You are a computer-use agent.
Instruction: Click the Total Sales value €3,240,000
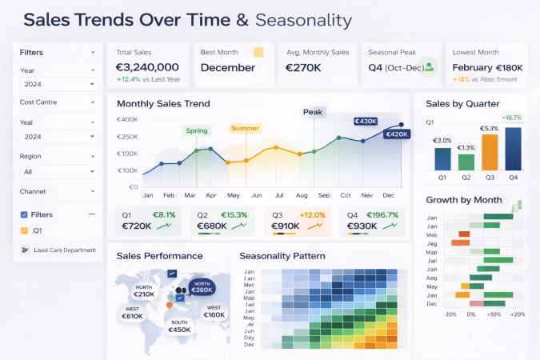(147, 67)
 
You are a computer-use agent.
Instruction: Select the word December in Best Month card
(228, 67)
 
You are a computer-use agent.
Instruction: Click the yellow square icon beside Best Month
(258, 52)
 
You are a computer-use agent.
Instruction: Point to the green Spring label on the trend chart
(197, 130)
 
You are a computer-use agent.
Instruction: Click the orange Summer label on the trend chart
(245, 128)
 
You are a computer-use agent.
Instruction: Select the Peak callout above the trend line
(313, 112)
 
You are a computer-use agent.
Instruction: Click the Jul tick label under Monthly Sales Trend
(279, 195)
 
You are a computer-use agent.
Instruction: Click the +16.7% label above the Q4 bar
(511, 118)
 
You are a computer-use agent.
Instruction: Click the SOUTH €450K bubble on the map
(178, 326)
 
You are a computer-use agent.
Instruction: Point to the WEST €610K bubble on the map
(133, 312)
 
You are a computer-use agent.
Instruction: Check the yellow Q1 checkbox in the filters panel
(24, 231)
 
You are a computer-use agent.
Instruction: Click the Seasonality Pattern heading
(282, 256)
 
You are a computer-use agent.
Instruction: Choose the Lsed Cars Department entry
(58, 250)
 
